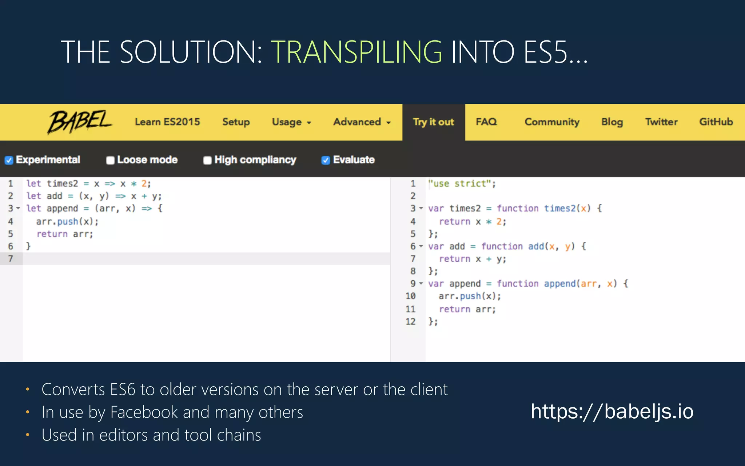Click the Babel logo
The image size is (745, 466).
coord(80,122)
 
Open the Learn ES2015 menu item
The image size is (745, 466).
coord(167,122)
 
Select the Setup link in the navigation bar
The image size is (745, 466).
coord(236,122)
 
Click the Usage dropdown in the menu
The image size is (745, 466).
coord(291,122)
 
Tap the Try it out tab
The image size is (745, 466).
coord(433,122)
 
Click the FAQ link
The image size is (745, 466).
coord(486,122)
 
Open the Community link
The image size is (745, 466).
coord(551,122)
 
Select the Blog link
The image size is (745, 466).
coord(612,122)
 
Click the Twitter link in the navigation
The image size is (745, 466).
coord(661,122)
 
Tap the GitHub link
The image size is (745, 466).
coord(716,122)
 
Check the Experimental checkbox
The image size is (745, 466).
coord(9,160)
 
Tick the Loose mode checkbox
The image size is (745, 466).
coord(110,160)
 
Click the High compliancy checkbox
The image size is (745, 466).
coord(207,160)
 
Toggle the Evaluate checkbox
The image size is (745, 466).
coord(326,160)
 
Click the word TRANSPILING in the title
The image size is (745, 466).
coord(356,52)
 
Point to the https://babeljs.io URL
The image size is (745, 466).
coord(612,411)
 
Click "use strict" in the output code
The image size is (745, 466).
coord(462,183)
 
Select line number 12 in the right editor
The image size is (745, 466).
coord(410,321)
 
